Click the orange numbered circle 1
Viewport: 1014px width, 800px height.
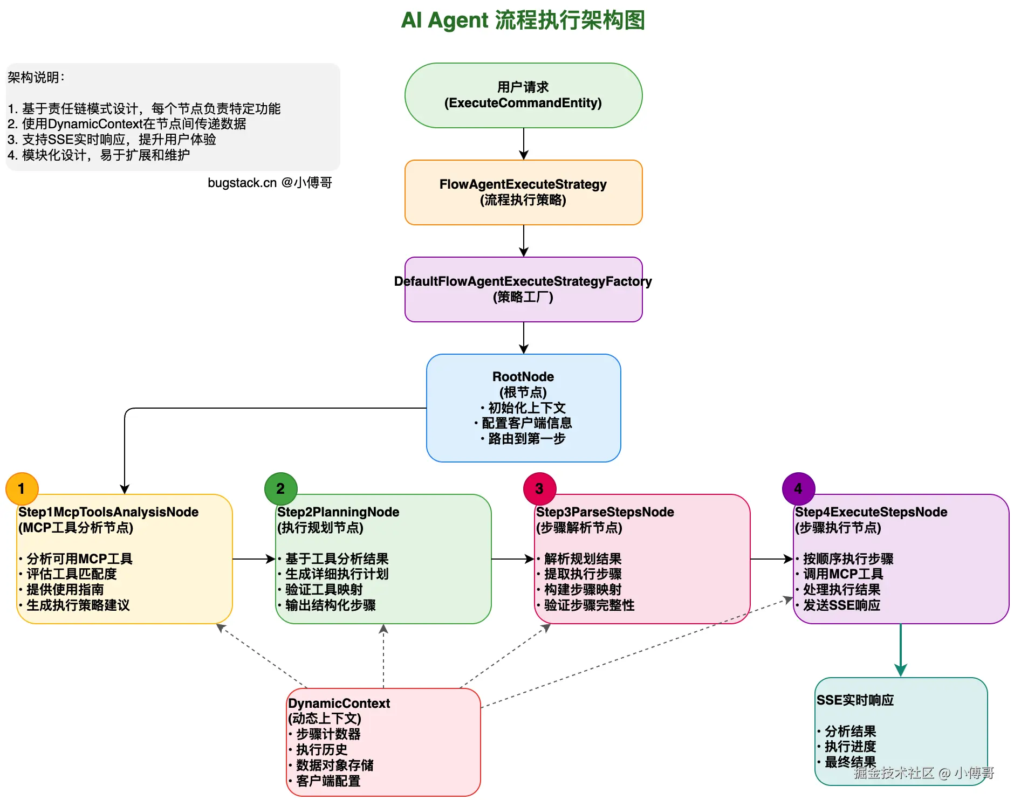[22, 488]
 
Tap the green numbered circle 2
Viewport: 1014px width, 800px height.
[280, 488]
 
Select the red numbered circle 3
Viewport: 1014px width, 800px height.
[539, 488]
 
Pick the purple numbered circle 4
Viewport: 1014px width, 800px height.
[798, 488]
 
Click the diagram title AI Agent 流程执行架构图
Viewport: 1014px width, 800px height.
[523, 20]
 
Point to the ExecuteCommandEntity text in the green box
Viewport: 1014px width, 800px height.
[523, 103]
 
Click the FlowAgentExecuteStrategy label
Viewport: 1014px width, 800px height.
[523, 184]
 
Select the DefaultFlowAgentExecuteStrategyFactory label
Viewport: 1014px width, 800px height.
[523, 281]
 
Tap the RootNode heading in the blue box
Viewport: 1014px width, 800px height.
[523, 377]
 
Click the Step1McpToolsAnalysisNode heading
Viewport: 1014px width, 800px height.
[108, 512]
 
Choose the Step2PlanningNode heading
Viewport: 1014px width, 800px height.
[338, 512]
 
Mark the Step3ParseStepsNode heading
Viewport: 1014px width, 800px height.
[605, 512]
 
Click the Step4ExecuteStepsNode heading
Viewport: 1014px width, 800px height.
[871, 512]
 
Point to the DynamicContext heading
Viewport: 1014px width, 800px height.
[339, 704]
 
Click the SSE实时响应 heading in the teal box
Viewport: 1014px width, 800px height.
[855, 700]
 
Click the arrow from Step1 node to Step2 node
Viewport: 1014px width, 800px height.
[253, 559]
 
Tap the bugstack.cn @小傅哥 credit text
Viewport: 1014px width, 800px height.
[270, 183]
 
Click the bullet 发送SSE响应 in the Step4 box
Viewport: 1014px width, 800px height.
[841, 605]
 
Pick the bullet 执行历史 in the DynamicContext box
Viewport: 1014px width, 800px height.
[321, 750]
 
